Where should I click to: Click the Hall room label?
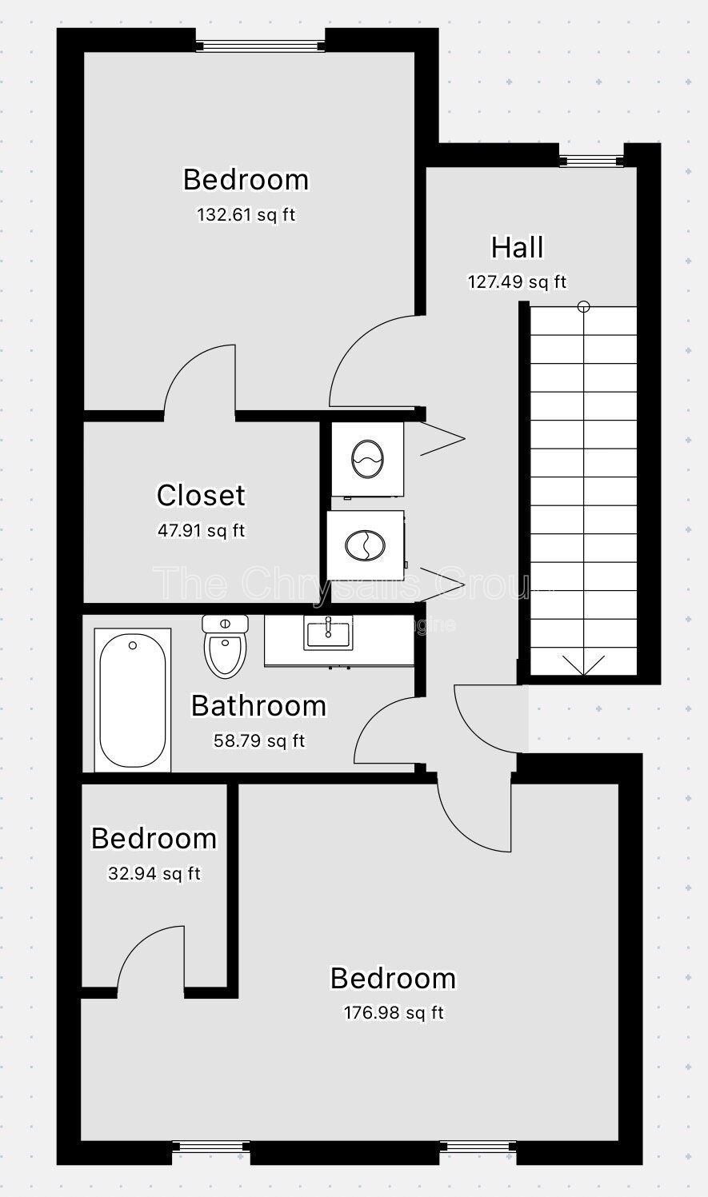pos(517,247)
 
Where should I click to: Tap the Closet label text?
pos(201,495)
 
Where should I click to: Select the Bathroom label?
pos(258,705)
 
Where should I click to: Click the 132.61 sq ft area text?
pos(246,214)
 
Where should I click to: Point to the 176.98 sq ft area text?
pos(393,1013)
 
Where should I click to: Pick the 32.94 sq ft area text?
pos(154,873)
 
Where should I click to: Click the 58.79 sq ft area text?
pos(258,740)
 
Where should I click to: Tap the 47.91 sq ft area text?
pos(201,529)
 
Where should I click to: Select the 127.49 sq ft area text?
pos(517,281)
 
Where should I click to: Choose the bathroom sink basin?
pos(328,634)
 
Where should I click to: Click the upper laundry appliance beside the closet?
pos(367,459)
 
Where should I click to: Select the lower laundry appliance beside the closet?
pos(365,545)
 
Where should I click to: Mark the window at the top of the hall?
pos(591,161)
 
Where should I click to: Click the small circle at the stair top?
pos(584,305)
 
